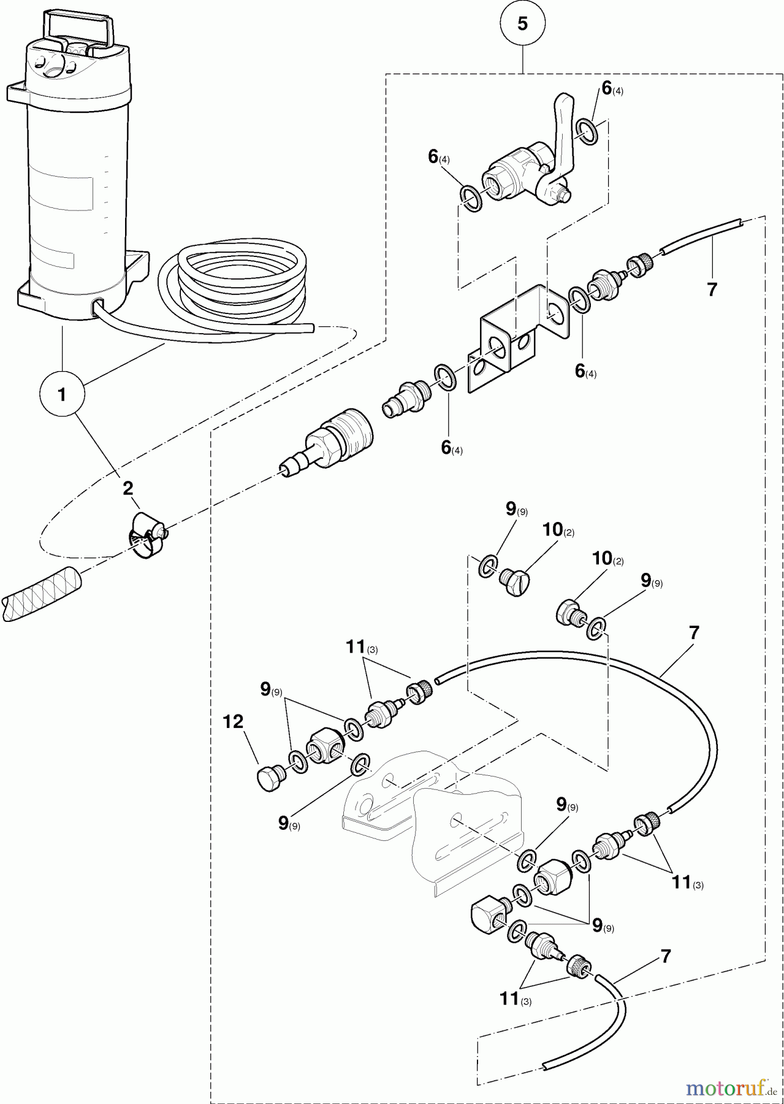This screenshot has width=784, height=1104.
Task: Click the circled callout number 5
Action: [x=522, y=24]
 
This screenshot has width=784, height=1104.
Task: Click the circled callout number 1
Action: [x=61, y=394]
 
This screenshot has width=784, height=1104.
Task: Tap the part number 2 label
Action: [x=127, y=488]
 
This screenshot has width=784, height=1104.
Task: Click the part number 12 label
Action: [x=233, y=723]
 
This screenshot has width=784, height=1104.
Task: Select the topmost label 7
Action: [x=711, y=290]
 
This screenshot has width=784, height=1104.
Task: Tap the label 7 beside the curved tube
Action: [x=694, y=633]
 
